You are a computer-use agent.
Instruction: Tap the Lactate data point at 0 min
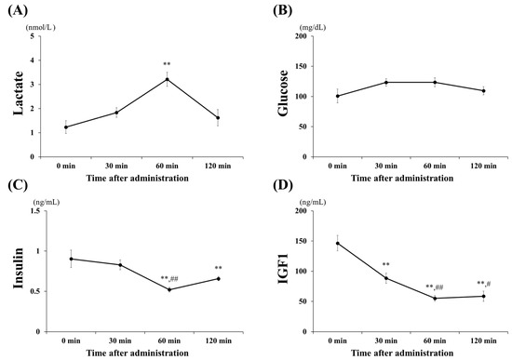pyautogui.click(x=66, y=127)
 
